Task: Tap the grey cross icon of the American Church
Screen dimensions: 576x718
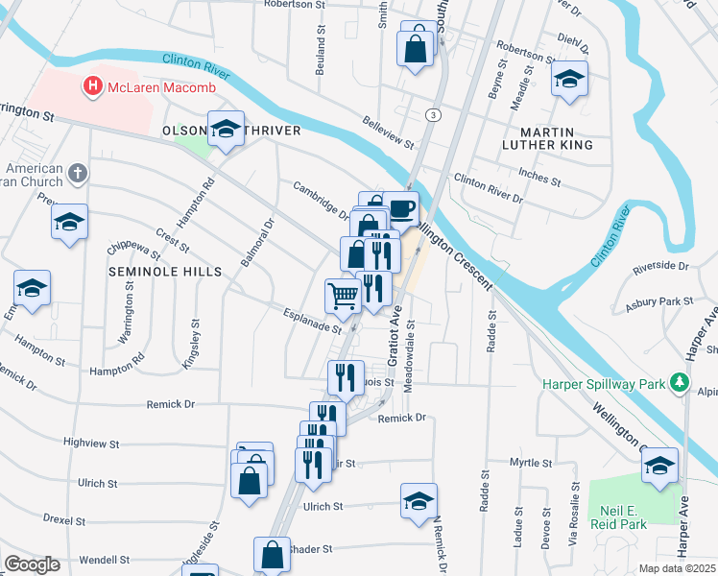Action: point(79,174)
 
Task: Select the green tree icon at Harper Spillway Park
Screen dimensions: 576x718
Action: point(681,382)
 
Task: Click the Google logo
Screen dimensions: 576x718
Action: point(33,564)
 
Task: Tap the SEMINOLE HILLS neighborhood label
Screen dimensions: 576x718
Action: point(165,272)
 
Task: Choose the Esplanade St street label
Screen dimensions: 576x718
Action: point(311,321)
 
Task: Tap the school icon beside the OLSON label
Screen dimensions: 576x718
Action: point(226,129)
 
